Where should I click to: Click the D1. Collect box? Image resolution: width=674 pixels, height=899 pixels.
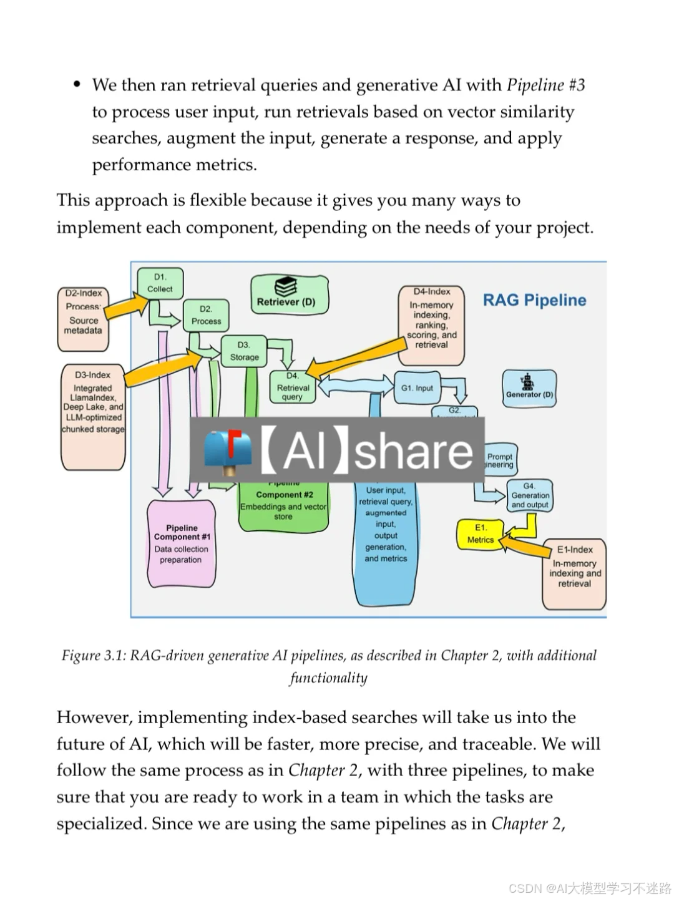[160, 283]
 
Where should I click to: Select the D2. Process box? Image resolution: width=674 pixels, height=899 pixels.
[206, 315]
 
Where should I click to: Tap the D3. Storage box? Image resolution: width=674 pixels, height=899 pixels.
[244, 351]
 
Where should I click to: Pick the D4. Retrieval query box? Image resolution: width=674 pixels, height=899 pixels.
[292, 386]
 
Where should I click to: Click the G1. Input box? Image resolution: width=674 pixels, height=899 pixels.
[417, 387]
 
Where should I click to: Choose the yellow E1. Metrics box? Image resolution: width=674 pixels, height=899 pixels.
[480, 534]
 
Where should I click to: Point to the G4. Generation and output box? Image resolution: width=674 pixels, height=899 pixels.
[530, 495]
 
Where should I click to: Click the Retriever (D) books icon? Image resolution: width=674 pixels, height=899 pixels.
[286, 287]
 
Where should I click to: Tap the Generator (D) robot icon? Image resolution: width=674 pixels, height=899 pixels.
[528, 381]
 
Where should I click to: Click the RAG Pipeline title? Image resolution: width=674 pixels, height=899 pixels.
[534, 300]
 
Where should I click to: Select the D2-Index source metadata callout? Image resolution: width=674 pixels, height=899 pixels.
[83, 318]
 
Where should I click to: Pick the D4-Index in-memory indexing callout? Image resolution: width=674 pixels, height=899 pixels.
[431, 325]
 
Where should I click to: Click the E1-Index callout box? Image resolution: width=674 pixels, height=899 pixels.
[574, 573]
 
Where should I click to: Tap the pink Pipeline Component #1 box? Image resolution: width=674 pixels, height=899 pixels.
[182, 543]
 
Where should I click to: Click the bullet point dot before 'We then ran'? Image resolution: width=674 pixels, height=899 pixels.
[77, 84]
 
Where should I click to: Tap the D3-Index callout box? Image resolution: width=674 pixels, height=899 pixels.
[93, 416]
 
